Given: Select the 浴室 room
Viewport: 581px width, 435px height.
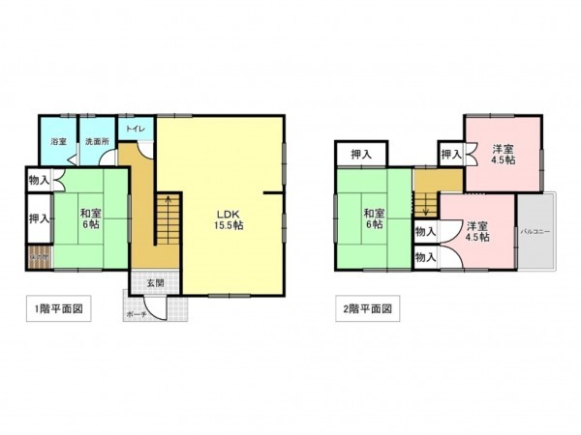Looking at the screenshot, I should point(59,142).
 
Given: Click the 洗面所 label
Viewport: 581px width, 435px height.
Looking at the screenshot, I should point(97,142).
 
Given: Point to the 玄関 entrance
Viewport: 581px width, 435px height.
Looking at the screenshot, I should point(155,283).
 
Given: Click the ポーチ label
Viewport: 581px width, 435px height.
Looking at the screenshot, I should point(138,314).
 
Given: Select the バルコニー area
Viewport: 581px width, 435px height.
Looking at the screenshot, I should point(535,232).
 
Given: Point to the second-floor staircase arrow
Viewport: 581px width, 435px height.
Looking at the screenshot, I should point(423,205).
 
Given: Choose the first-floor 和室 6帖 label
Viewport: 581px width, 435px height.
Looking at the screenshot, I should point(91,217).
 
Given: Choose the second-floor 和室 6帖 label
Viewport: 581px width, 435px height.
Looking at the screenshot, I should point(374,217).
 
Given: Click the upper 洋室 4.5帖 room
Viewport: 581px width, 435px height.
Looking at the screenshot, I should point(501,155).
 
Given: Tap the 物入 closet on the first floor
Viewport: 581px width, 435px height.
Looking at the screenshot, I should point(40,180).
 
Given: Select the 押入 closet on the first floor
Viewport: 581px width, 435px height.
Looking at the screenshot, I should point(39,218).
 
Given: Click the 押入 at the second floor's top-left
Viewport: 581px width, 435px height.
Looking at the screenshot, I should point(361,153).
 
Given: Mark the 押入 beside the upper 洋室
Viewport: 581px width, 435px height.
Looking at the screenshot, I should point(450,153).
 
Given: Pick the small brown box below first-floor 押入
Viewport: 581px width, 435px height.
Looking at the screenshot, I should point(39,257).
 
